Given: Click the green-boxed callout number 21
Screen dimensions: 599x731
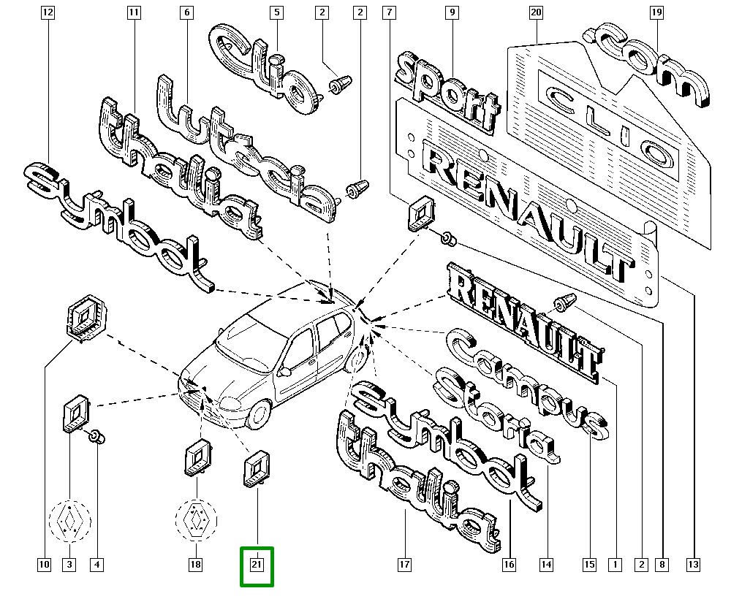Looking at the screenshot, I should tap(257, 565).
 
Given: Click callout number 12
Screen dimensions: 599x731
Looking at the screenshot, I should tap(48, 12).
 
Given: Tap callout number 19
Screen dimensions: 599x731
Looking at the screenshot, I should tap(656, 12).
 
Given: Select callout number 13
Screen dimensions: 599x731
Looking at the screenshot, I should tap(693, 564).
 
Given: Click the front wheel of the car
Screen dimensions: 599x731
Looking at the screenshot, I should tap(257, 416).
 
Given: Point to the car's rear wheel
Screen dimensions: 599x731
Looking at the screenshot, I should tap(357, 361).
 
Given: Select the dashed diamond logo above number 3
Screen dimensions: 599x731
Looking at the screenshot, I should tap(69, 520).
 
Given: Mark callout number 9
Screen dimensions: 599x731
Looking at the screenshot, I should tap(452, 12).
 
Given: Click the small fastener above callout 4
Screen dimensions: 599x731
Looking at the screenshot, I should tap(96, 437).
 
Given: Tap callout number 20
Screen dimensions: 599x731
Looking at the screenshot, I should tap(537, 12).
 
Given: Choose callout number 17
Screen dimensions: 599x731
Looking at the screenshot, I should tap(405, 564).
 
